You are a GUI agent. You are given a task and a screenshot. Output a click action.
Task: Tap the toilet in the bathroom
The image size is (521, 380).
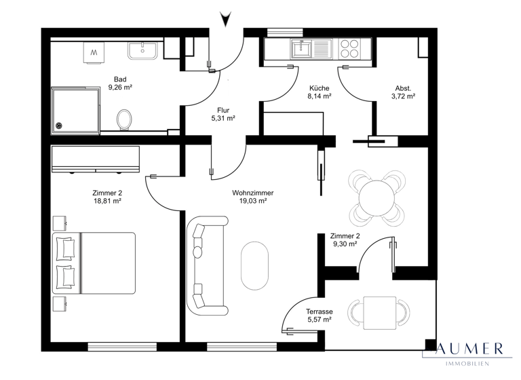tap(123, 119)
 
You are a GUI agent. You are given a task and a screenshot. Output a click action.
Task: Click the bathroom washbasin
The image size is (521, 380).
tap(142, 51)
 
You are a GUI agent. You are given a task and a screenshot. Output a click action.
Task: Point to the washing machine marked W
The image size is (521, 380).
tap(94, 52)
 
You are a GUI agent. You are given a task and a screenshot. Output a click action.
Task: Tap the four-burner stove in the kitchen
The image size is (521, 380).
tap(349, 48)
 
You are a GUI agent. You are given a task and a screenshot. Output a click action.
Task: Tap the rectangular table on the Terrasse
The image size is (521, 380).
tap(379, 312)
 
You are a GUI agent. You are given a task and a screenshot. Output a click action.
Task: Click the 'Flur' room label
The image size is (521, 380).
tap(223, 109)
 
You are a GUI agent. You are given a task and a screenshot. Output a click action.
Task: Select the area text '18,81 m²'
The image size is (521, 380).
tap(107, 202)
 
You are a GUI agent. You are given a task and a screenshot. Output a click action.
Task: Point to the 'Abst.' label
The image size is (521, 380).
tap(403, 88)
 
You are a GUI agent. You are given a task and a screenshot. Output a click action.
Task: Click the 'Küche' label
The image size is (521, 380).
tap(319, 88)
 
